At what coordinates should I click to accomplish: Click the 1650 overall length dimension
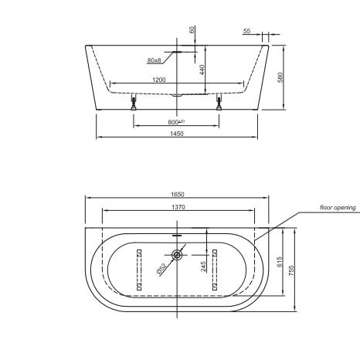click(178, 194)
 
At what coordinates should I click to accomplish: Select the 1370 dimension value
click(178, 207)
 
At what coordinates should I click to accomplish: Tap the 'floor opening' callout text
click(338, 208)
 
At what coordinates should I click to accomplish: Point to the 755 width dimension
click(291, 270)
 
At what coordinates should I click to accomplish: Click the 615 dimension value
click(280, 262)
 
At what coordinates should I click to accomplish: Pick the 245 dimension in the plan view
click(203, 267)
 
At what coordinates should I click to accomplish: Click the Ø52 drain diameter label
click(161, 268)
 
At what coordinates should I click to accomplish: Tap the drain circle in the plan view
click(177, 255)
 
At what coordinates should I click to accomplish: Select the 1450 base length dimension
click(177, 134)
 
